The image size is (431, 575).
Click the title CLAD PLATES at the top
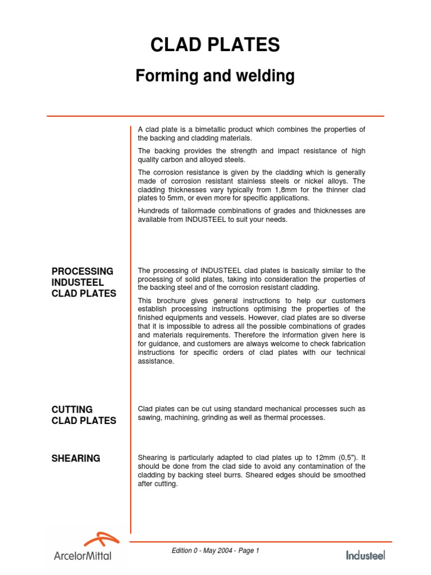click(x=215, y=45)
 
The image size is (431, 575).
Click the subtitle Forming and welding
click(x=215, y=76)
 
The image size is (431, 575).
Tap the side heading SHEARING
click(x=76, y=458)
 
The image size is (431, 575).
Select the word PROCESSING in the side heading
click(x=82, y=271)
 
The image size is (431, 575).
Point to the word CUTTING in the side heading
click(x=72, y=409)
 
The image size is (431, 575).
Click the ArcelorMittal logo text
click(x=82, y=556)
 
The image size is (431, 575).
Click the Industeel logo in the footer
click(x=365, y=555)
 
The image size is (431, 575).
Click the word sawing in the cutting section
click(x=150, y=418)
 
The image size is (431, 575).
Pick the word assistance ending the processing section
click(x=156, y=361)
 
